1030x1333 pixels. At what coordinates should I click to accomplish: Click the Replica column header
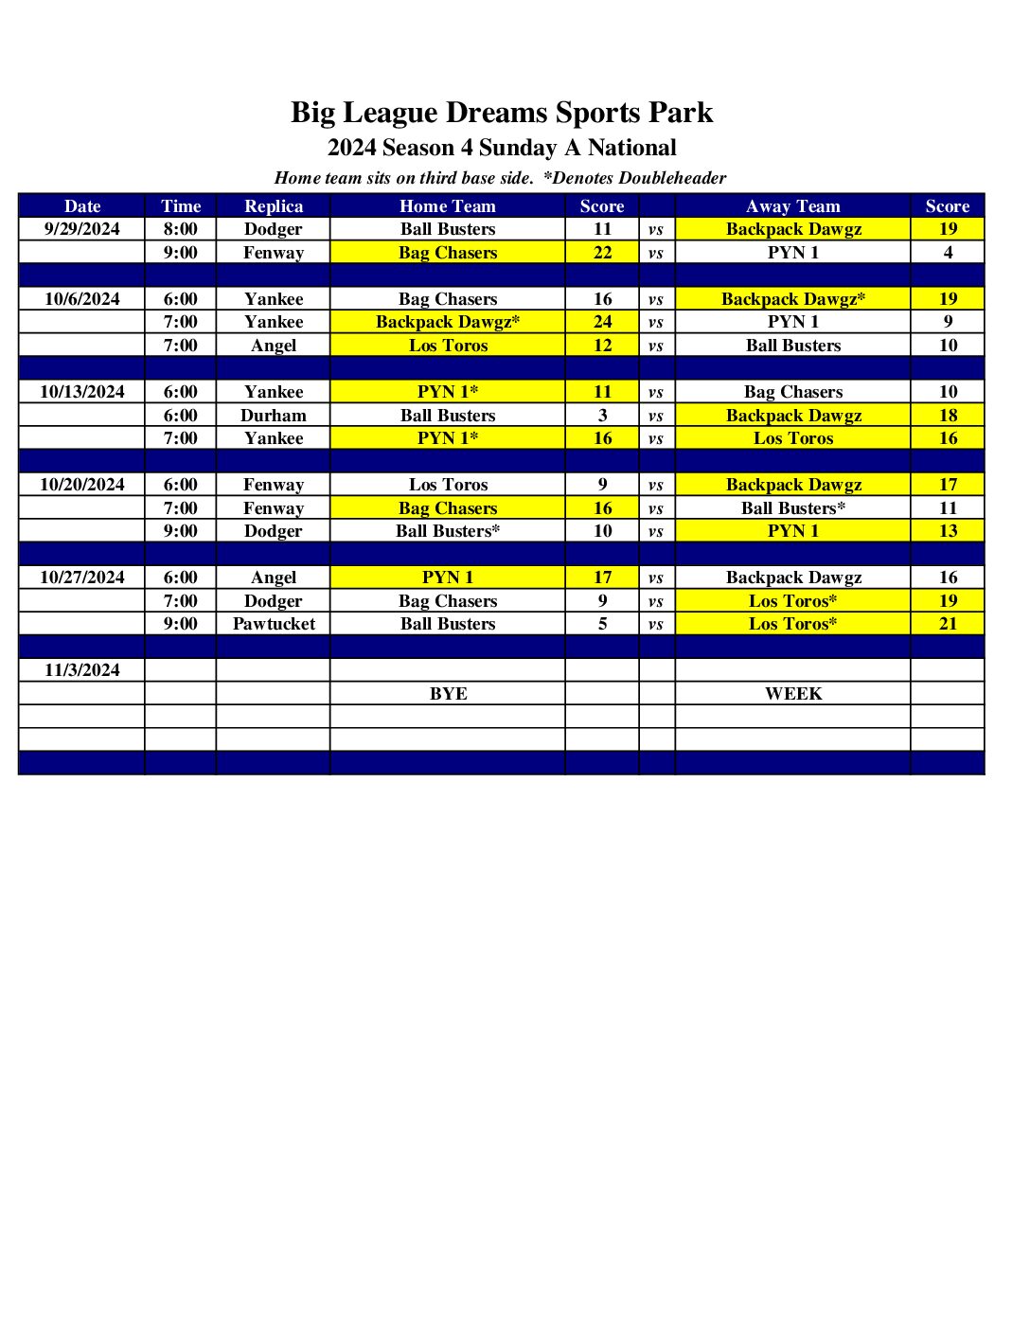pyautogui.click(x=274, y=206)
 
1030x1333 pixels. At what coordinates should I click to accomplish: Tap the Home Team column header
pyautogui.click(x=448, y=206)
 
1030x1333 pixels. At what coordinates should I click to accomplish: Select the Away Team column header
pyautogui.click(x=793, y=206)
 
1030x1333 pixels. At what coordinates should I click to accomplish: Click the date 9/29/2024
pyautogui.click(x=82, y=229)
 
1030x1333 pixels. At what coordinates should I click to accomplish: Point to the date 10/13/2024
pyautogui.click(x=82, y=392)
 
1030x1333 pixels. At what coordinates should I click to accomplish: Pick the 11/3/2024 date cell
pyautogui.click(x=82, y=670)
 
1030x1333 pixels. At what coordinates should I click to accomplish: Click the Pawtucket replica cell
pyautogui.click(x=274, y=624)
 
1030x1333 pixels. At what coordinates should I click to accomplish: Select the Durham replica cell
pyautogui.click(x=274, y=416)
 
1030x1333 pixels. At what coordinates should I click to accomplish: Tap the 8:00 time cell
pyautogui.click(x=181, y=229)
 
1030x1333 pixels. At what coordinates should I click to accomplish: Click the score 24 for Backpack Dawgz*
pyautogui.click(x=603, y=322)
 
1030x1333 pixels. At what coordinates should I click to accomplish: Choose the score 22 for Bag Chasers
pyautogui.click(x=603, y=253)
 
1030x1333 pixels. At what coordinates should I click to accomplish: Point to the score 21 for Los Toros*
pyautogui.click(x=948, y=624)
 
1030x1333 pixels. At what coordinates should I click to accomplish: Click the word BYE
pyautogui.click(x=448, y=694)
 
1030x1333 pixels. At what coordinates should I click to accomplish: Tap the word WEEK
pyautogui.click(x=793, y=694)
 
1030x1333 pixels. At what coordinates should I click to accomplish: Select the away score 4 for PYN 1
pyautogui.click(x=948, y=253)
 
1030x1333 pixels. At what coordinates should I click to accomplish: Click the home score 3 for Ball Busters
pyautogui.click(x=603, y=416)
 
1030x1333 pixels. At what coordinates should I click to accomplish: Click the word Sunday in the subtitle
pyautogui.click(x=518, y=148)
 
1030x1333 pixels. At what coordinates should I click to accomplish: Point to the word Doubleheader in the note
pyautogui.click(x=672, y=178)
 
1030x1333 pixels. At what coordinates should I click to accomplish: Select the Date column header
pyautogui.click(x=82, y=206)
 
